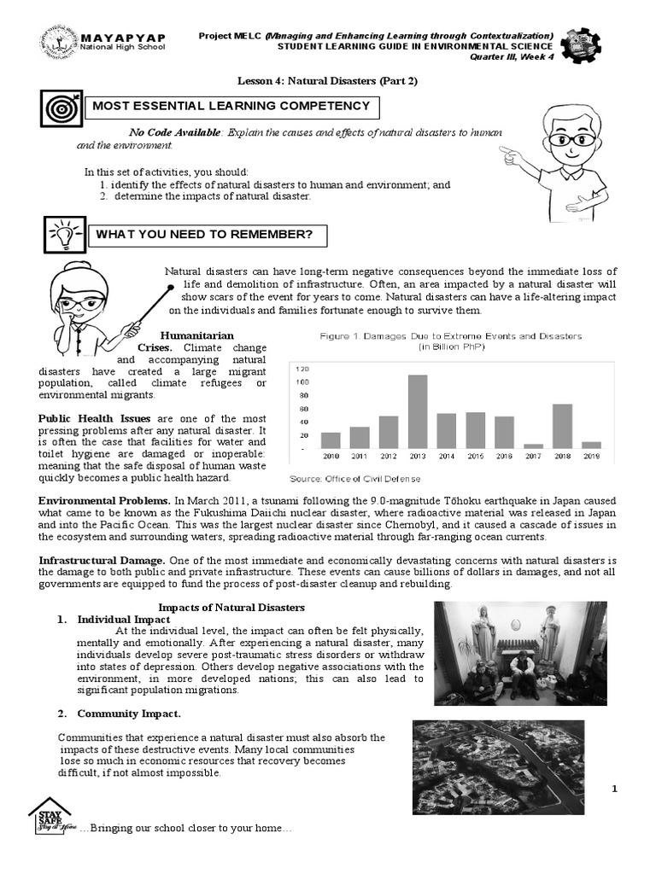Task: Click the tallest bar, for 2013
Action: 417,411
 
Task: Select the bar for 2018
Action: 562,426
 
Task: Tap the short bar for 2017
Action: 533,446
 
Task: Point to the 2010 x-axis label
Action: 330,456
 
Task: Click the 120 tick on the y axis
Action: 302,369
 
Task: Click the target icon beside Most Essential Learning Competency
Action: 60,109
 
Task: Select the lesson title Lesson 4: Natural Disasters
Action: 327,81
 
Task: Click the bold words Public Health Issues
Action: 95,418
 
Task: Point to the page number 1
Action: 613,789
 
